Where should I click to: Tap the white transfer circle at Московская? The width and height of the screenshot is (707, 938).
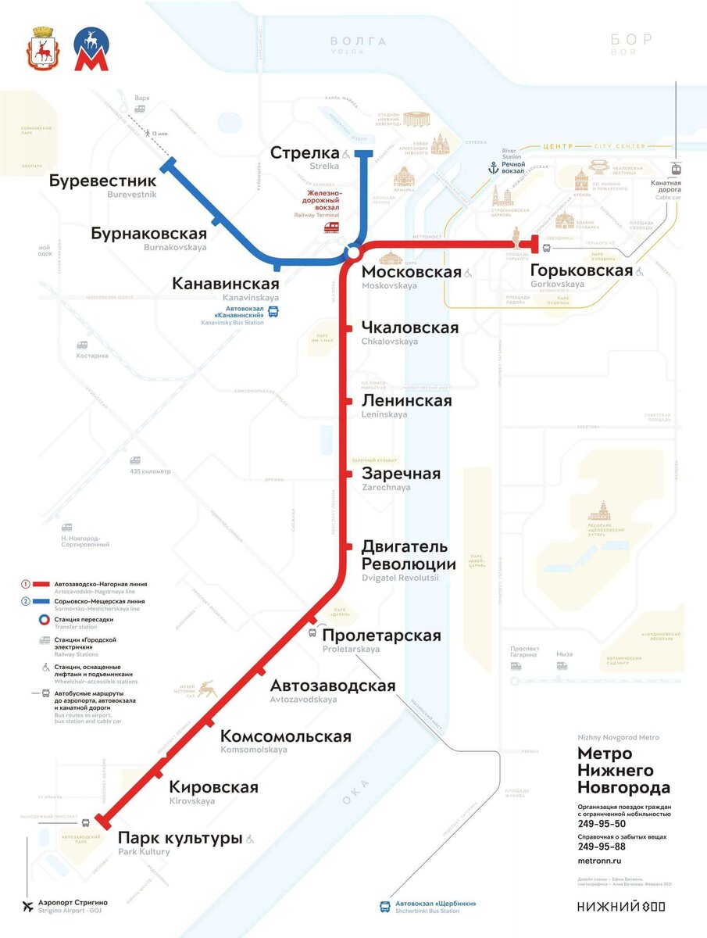tap(353, 253)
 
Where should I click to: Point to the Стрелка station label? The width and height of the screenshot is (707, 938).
tap(305, 152)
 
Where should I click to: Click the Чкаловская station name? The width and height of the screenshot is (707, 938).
tap(410, 328)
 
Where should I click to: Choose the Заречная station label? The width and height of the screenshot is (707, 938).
tap(401, 474)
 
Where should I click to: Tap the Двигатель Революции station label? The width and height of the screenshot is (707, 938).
tap(409, 556)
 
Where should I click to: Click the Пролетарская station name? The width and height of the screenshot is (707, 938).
tap(381, 635)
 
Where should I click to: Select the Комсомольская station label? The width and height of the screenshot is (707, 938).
tap(285, 736)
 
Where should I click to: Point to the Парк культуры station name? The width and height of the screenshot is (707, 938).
tap(180, 839)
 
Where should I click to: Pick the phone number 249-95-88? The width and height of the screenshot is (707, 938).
tap(602, 847)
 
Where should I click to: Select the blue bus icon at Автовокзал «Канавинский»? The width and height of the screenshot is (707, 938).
tap(273, 313)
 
